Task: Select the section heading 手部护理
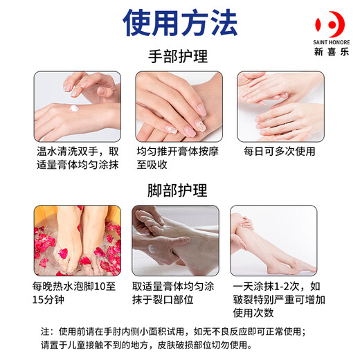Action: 179,57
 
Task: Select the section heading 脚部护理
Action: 179,190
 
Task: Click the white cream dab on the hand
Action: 73,108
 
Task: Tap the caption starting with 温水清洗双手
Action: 77,158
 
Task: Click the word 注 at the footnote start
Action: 46,331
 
